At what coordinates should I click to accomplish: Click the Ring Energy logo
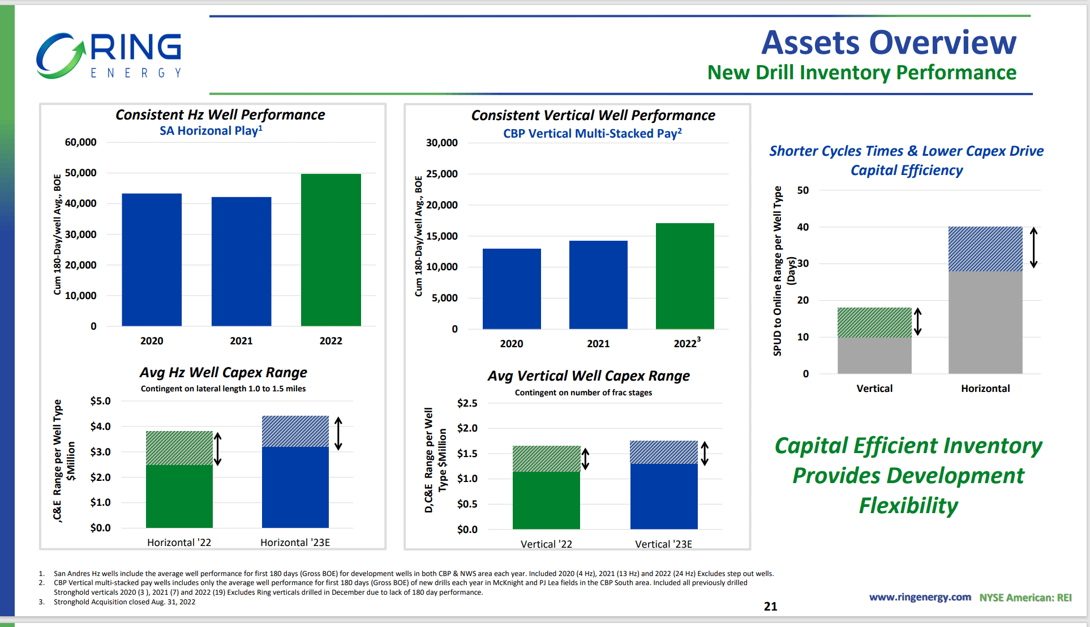(x=109, y=56)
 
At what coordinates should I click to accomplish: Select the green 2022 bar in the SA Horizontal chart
(x=331, y=250)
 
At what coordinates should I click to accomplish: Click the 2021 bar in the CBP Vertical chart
(x=598, y=284)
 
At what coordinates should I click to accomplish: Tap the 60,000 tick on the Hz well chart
(x=80, y=142)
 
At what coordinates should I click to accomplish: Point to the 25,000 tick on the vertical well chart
(x=441, y=174)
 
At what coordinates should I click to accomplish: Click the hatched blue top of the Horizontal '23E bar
(x=295, y=432)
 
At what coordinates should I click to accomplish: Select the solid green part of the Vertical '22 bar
(x=546, y=500)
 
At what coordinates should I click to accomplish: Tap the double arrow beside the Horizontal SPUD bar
(x=1033, y=248)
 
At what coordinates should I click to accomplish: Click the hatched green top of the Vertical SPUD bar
(x=874, y=323)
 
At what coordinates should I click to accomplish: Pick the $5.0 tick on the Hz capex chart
(x=100, y=401)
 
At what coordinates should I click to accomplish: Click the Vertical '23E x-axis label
(x=663, y=544)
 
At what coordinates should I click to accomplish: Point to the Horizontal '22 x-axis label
(x=179, y=543)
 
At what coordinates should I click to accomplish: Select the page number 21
(x=770, y=607)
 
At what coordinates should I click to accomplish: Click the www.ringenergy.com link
(x=920, y=598)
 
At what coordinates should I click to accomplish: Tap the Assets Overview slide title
(x=888, y=43)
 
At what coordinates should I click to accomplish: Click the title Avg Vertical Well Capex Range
(x=589, y=376)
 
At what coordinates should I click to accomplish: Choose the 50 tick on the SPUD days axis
(x=803, y=190)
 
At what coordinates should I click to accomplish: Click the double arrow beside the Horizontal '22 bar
(x=217, y=449)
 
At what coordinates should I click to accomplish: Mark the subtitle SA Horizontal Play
(x=211, y=131)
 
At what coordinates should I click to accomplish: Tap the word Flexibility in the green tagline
(x=908, y=506)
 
